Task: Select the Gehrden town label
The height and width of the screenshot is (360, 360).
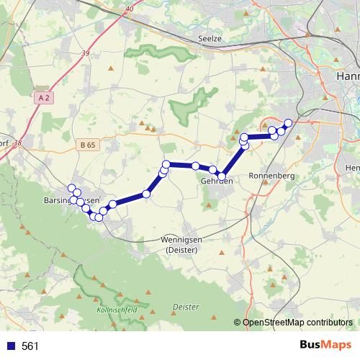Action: pos(216,181)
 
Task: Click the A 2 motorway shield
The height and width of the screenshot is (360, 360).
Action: pos(44,96)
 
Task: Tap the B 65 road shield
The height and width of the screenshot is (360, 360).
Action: pos(88,145)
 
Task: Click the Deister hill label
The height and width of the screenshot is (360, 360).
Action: pos(186,307)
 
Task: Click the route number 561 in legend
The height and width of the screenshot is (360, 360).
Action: pos(30,346)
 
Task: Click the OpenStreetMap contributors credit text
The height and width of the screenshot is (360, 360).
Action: pos(297,323)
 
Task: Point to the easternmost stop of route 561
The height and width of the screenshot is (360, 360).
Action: pos(289,122)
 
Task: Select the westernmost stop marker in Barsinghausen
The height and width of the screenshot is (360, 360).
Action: pos(71,189)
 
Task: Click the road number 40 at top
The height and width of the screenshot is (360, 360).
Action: pos(129,9)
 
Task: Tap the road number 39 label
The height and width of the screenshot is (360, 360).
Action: pos(86,53)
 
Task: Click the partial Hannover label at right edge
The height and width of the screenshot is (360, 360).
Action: pos(348,76)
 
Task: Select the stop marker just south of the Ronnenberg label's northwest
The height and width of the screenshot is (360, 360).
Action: pos(243,145)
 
